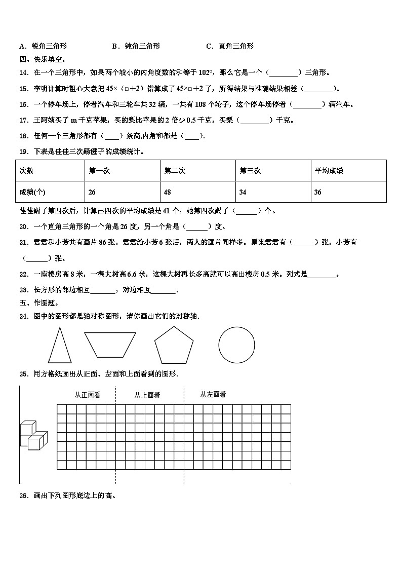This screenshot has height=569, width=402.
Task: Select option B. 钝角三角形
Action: tap(136, 46)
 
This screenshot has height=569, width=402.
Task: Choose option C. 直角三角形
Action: tap(230, 46)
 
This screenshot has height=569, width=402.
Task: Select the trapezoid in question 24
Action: tap(110, 345)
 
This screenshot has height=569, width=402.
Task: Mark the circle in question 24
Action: tap(236, 345)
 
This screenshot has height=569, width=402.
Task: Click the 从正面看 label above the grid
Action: tap(87, 395)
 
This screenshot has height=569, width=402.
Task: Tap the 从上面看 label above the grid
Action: tap(147, 395)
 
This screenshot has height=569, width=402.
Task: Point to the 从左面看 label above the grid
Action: tap(213, 394)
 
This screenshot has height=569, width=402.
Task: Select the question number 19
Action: tap(23, 151)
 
